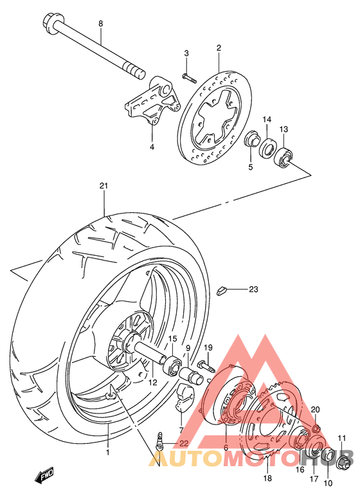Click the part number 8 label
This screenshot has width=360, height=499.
[x=100, y=24]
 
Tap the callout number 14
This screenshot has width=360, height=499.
[x=267, y=120]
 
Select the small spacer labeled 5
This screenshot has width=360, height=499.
[x=253, y=138]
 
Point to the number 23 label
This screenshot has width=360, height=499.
[x=253, y=289]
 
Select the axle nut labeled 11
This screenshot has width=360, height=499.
[x=344, y=458]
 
